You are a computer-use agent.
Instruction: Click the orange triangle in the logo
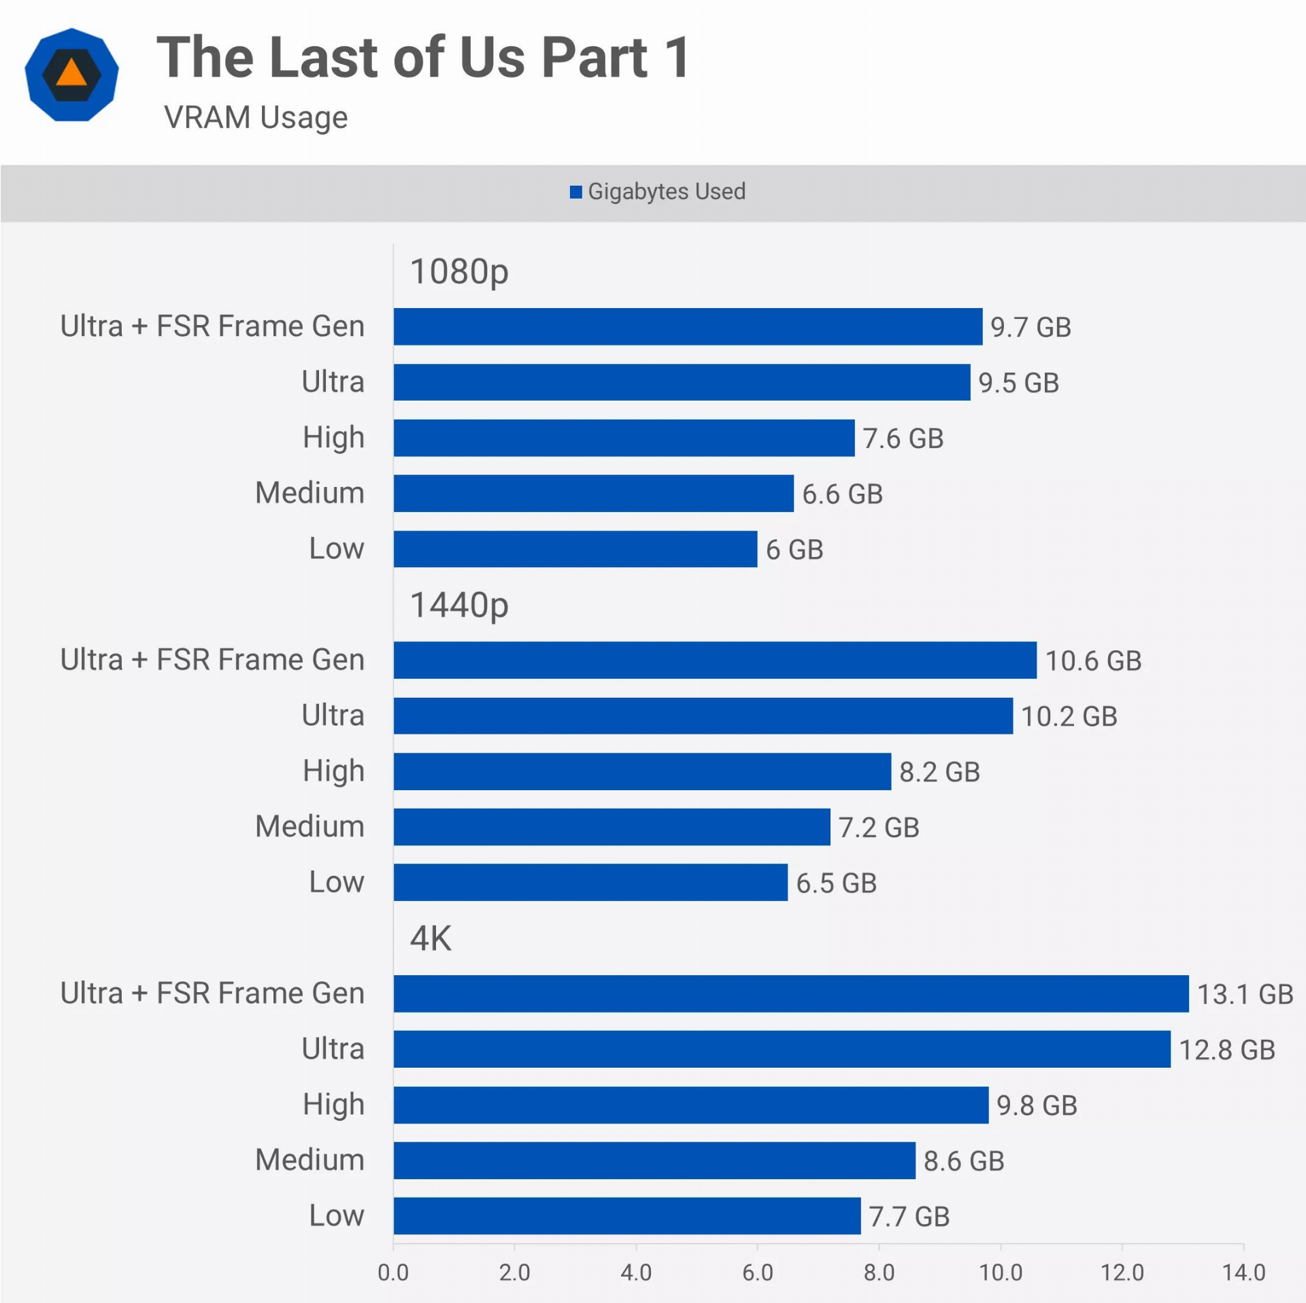pos(71,72)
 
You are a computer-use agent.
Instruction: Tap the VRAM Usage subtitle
pos(256,118)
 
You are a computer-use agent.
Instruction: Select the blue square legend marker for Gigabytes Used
pos(575,192)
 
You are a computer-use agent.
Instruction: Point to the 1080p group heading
pos(459,272)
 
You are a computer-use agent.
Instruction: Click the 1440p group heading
pos(459,605)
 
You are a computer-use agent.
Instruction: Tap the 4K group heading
pos(431,938)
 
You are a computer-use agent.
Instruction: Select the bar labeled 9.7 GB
pos(687,326)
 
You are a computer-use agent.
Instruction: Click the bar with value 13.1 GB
pos(790,994)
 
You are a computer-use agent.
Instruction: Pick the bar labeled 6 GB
pos(575,549)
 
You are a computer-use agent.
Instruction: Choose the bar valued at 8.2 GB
pos(641,771)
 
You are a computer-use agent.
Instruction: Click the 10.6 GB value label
pos(1093,661)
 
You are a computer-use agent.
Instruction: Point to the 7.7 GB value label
pos(909,1217)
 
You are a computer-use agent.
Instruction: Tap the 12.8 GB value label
pos(1226,1050)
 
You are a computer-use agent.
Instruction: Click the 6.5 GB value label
pos(836,883)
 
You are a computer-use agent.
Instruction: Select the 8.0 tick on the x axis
pos(879,1272)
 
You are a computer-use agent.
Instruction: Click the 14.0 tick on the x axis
pos(1243,1272)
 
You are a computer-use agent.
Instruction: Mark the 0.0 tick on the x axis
pos(393,1272)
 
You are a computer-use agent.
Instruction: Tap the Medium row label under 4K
pos(309,1160)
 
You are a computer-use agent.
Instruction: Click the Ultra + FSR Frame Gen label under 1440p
pos(212,660)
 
